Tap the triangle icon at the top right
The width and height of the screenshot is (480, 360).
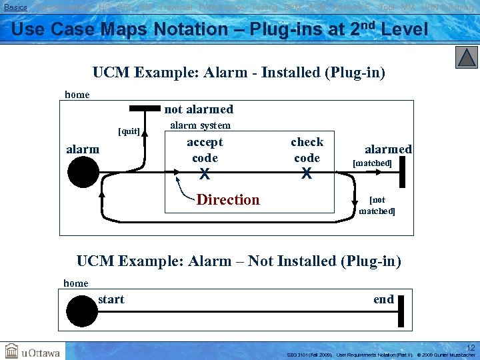[x=467, y=57]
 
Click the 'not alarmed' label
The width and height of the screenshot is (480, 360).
[x=199, y=109]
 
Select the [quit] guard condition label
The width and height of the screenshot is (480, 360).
[x=129, y=131]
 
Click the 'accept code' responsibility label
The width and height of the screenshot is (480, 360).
[x=205, y=150]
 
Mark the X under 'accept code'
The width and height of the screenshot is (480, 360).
[x=205, y=175]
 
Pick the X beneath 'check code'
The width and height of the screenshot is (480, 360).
[x=307, y=175]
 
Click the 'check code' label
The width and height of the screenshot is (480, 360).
[x=307, y=150]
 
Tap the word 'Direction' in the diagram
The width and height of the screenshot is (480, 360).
[x=228, y=200]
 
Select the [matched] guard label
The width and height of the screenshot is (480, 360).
[x=372, y=163]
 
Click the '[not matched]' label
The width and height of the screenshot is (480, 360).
[x=377, y=205]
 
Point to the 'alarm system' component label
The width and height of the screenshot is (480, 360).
[x=201, y=125]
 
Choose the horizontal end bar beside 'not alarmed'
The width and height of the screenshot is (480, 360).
[x=145, y=108]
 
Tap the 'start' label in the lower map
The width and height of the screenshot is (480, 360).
[x=111, y=299]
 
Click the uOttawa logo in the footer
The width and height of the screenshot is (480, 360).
[x=33, y=351]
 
